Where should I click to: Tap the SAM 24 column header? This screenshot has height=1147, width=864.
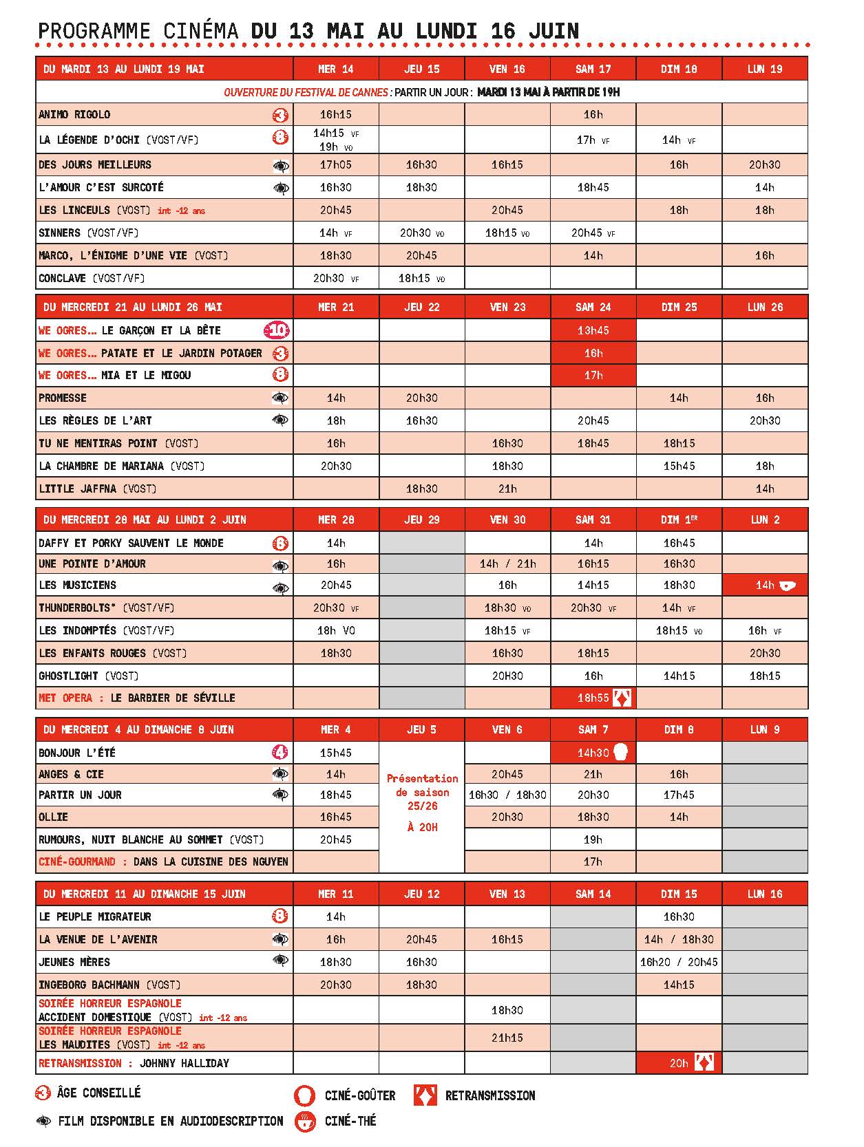point(593,307)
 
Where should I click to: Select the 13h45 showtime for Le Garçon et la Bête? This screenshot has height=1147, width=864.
point(593,330)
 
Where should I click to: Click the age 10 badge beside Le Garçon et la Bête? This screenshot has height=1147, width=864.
point(277,331)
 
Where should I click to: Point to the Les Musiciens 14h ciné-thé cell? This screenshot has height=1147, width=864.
point(765,586)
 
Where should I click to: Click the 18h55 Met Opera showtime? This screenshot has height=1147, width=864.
point(593,698)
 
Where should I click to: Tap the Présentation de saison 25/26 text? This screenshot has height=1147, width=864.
point(422,792)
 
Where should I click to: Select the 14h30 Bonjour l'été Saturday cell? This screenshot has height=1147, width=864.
point(593,753)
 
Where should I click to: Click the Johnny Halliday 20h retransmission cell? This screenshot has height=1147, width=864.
point(679,1063)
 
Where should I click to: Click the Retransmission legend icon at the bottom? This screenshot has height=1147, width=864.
point(425,1095)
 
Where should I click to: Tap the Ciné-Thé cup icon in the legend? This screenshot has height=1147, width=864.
point(304,1121)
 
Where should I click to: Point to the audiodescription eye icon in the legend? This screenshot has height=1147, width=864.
point(44,1122)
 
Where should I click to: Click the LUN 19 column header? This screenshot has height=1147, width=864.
point(764,69)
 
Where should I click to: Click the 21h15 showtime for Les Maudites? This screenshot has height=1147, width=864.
point(507,1038)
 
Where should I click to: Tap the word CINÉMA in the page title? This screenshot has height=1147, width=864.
point(201,31)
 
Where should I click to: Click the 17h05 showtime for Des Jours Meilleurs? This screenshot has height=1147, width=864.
point(336,164)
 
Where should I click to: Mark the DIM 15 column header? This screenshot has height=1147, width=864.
point(679,894)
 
